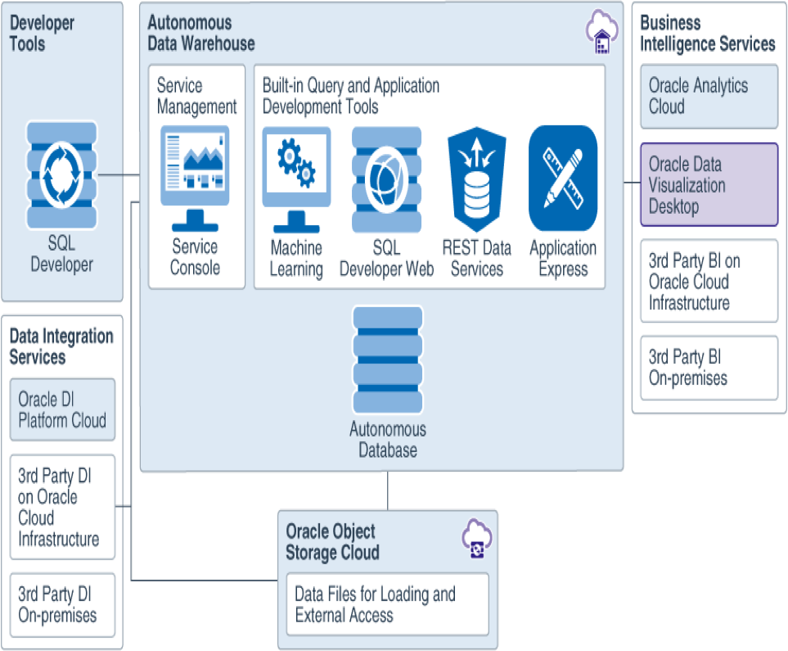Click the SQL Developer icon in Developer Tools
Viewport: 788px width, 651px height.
[61, 175]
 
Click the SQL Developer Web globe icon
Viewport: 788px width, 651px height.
[386, 179]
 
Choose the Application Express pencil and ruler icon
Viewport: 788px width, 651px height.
[562, 179]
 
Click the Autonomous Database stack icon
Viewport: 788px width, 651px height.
[387, 360]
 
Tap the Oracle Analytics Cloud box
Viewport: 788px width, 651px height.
[709, 97]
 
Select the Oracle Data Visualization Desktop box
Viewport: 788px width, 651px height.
[709, 185]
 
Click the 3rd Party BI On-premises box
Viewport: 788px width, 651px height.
[709, 368]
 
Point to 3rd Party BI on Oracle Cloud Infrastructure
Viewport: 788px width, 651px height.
[709, 281]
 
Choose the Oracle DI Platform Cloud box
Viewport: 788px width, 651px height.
[62, 410]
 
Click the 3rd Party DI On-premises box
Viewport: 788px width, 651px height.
[62, 604]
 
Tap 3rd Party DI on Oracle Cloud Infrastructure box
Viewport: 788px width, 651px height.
[62, 507]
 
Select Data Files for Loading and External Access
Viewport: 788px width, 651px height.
[387, 604]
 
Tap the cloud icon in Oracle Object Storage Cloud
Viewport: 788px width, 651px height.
[477, 540]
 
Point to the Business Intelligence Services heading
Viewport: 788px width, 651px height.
[707, 34]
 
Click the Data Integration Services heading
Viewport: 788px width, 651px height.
[61, 347]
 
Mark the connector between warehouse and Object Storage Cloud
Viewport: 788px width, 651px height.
[387, 491]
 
